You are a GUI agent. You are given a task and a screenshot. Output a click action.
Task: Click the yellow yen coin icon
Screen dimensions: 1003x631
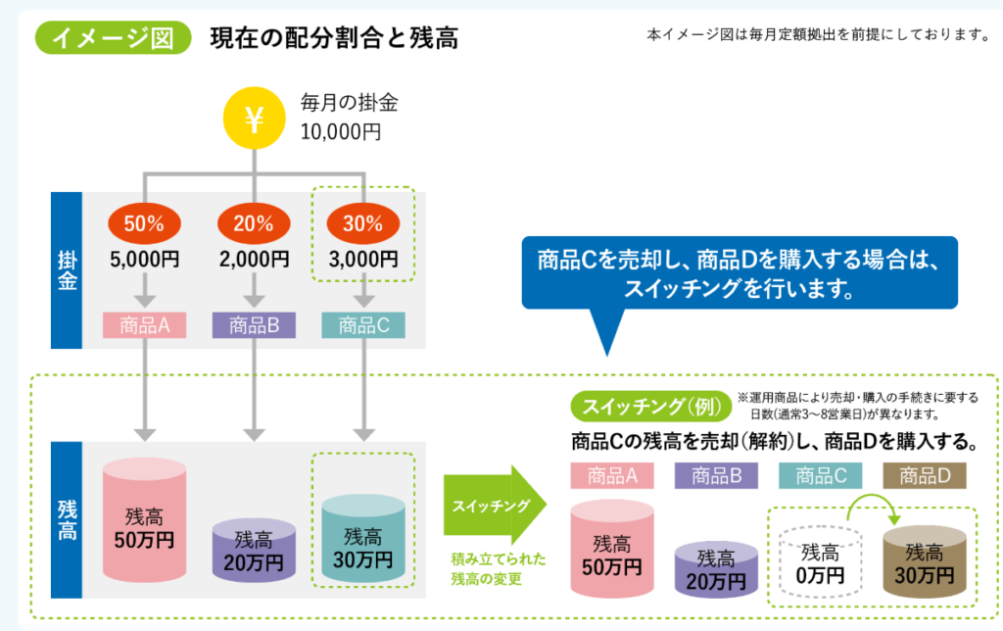[254, 119]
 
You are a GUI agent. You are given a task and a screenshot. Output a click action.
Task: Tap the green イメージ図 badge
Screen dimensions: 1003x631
[113, 38]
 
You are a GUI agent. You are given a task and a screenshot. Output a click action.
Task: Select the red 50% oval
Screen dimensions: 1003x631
[144, 223]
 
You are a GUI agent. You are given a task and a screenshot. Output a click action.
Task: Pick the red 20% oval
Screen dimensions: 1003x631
[254, 223]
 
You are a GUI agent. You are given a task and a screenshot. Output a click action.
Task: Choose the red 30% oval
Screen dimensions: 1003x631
[362, 223]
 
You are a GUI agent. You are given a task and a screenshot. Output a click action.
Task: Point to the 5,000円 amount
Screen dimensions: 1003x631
[145, 260]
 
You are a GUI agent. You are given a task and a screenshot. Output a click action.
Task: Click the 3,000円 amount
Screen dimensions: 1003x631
[363, 260]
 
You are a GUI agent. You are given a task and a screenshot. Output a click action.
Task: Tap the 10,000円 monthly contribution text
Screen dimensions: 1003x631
[341, 132]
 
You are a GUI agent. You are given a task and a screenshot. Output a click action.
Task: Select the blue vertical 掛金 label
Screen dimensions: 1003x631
[67, 270]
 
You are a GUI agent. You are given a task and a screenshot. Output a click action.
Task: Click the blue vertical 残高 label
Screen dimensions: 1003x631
[67, 519]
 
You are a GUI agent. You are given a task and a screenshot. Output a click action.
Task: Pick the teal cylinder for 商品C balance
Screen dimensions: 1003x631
[363, 538]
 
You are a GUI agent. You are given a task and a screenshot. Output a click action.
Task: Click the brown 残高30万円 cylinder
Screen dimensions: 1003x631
[925, 561]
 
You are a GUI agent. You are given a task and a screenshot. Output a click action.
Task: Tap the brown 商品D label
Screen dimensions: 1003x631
[925, 475]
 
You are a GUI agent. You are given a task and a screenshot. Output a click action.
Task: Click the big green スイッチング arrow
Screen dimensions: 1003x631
[495, 505]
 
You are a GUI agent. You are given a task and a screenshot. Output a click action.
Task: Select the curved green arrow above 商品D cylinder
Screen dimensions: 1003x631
[872, 497]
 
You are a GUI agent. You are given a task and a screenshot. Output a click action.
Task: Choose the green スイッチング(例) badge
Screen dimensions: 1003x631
[651, 407]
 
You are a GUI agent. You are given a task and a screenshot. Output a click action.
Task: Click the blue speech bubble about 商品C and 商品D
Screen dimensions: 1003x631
[740, 273]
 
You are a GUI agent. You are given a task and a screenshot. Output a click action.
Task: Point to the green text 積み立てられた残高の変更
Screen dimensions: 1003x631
[499, 569]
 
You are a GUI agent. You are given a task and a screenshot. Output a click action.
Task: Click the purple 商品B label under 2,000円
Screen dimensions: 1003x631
[254, 325]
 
